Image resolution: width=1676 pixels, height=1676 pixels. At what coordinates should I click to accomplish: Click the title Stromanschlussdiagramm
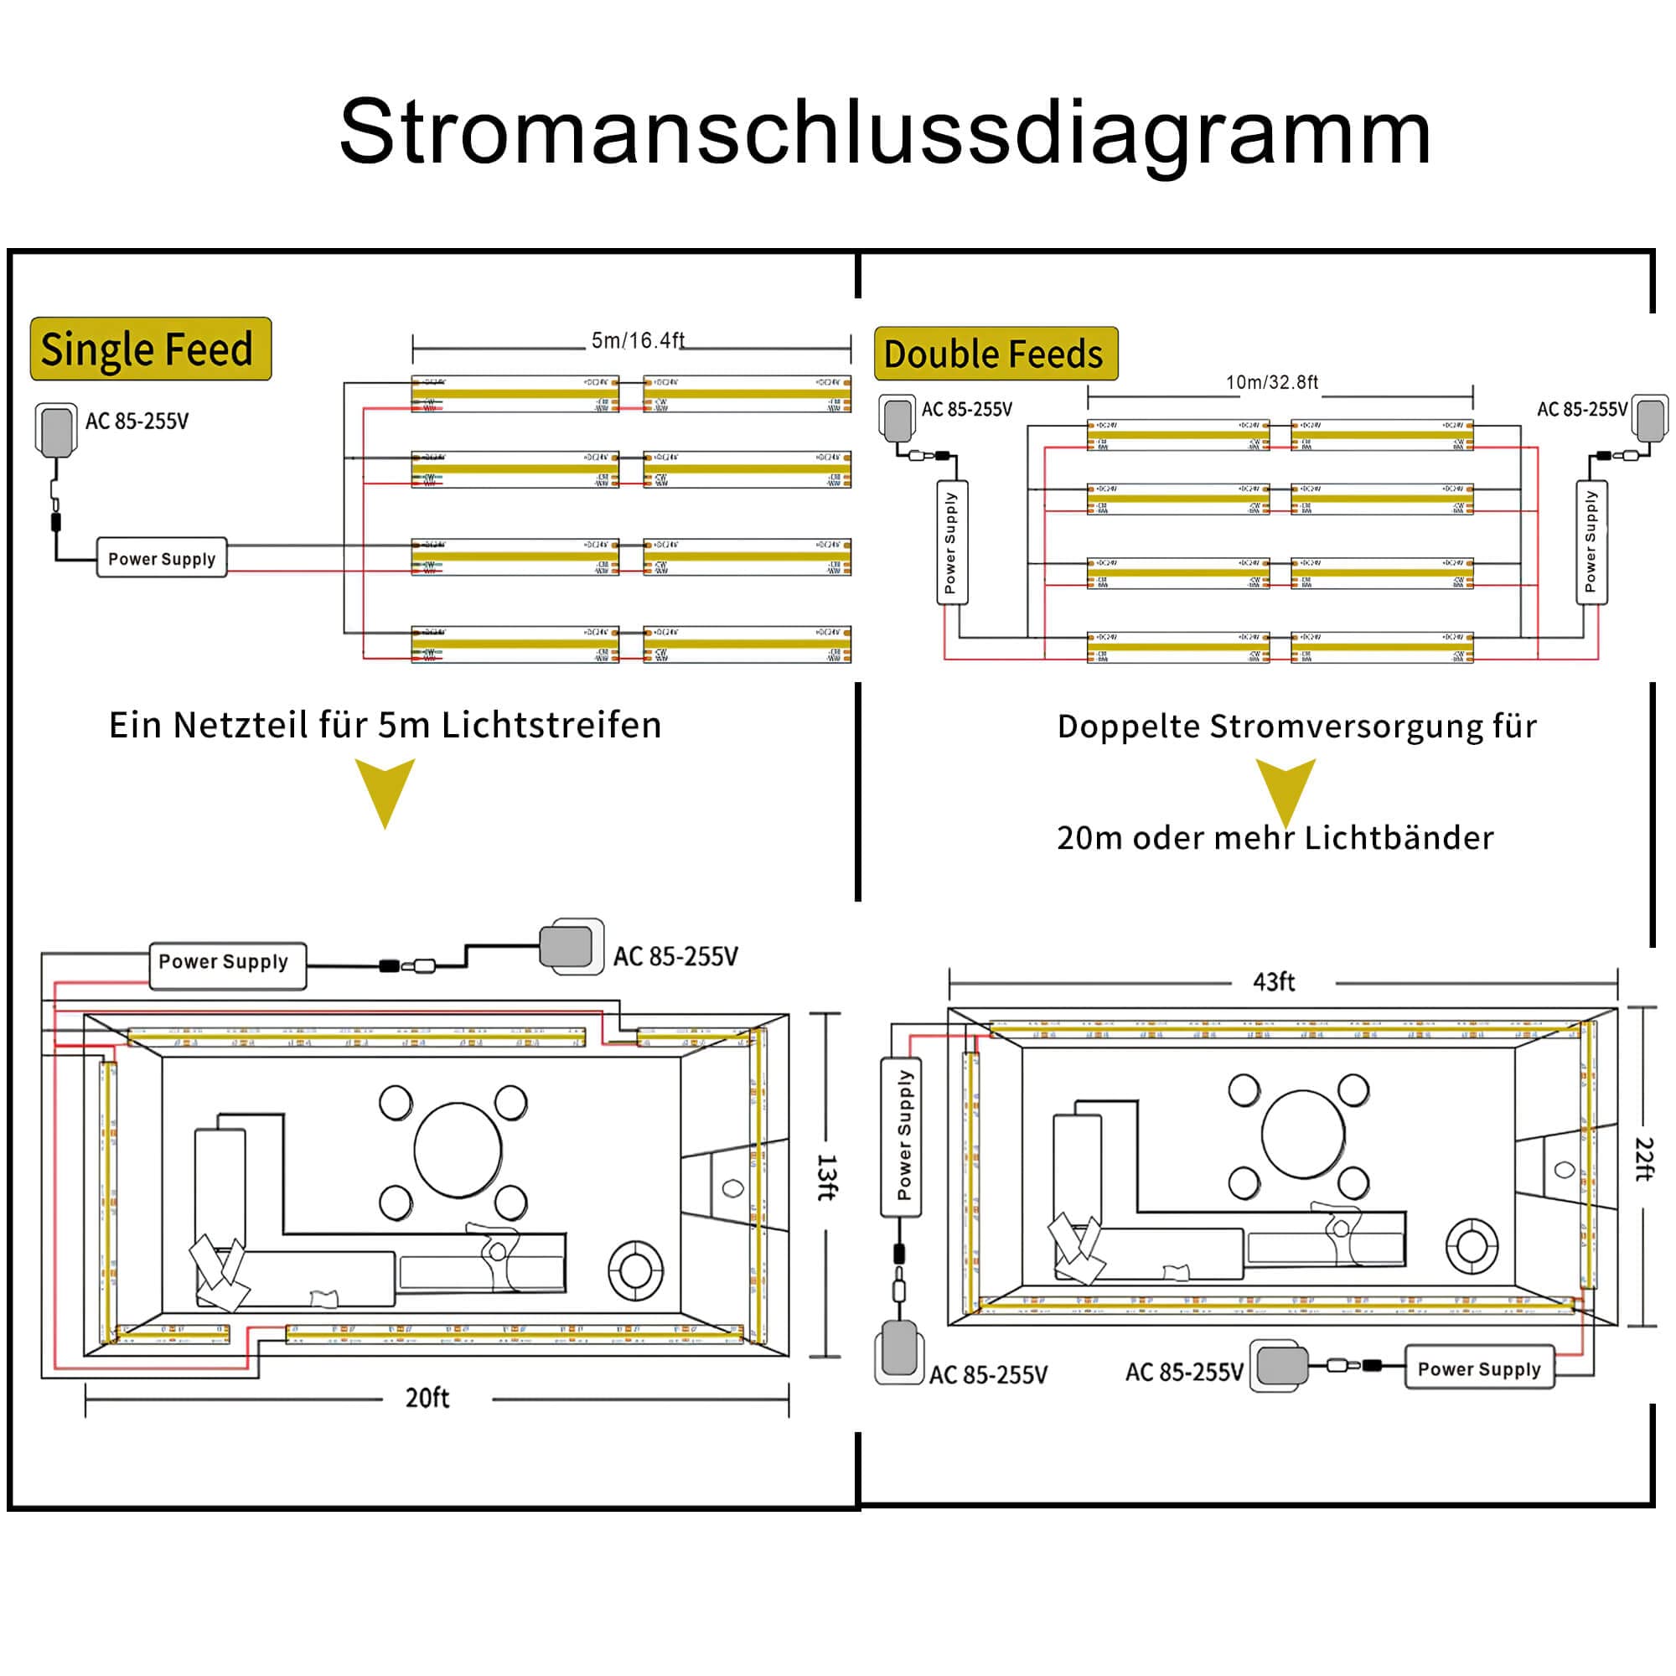(x=884, y=132)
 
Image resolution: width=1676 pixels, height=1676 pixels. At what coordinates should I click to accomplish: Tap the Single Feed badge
(x=150, y=349)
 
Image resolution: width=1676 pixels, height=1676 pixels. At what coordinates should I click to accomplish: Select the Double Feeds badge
(x=995, y=354)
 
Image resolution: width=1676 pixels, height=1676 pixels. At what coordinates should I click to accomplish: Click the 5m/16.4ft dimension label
(x=638, y=340)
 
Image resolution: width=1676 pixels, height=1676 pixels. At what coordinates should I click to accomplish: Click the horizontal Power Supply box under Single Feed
(x=163, y=559)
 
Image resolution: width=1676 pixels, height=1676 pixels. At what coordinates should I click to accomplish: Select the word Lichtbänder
(x=1399, y=838)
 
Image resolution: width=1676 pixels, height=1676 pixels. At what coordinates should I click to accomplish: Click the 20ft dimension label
(x=427, y=1399)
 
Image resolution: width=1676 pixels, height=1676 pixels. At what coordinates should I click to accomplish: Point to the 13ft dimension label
(x=827, y=1177)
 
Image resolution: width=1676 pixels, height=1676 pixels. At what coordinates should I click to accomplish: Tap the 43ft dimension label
(x=1274, y=982)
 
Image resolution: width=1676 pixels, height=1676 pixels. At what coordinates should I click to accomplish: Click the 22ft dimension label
(x=1643, y=1159)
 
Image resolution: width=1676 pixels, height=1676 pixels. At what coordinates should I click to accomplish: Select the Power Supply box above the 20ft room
(x=227, y=965)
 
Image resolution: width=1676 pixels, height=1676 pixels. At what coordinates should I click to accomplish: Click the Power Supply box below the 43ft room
(x=1478, y=1369)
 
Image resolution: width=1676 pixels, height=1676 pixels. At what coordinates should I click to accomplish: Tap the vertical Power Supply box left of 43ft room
(x=903, y=1135)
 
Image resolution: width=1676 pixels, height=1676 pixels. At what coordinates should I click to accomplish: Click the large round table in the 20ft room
(x=458, y=1151)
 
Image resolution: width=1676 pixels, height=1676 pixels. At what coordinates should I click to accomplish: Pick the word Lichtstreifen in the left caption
(x=551, y=725)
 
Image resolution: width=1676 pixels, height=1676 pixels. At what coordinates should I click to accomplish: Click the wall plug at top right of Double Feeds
(x=1649, y=418)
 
